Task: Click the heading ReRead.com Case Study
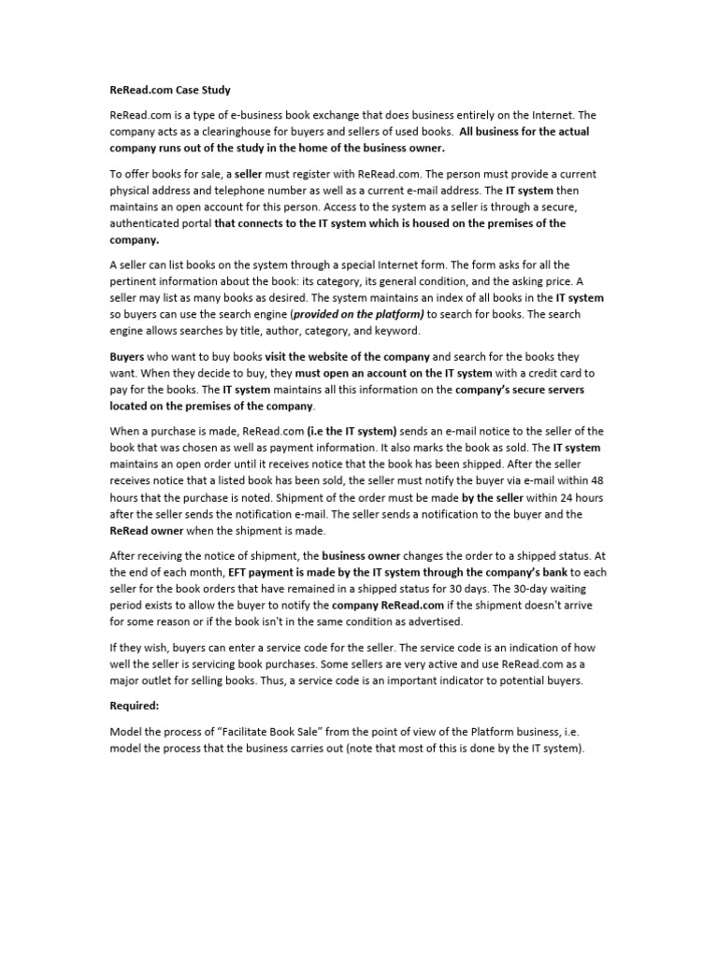click(169, 91)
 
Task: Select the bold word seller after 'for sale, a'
click(248, 175)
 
